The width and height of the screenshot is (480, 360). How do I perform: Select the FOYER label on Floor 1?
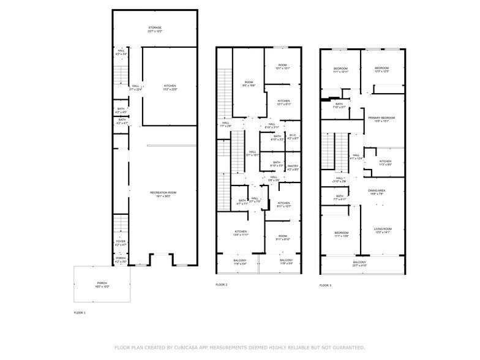121,242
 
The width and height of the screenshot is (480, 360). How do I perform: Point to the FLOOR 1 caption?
80,313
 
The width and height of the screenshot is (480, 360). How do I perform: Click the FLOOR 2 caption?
222,285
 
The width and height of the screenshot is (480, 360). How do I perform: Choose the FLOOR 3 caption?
326,285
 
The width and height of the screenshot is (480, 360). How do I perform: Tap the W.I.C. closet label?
293,137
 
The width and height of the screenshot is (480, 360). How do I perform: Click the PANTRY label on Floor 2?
293,167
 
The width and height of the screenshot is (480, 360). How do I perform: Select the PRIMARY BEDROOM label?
381,118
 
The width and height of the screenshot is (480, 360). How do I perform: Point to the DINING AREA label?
377,191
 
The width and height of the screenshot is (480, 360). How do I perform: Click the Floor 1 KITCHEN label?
170,86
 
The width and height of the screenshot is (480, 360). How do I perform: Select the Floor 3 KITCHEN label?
385,162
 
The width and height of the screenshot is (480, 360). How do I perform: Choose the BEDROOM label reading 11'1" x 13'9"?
341,233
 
